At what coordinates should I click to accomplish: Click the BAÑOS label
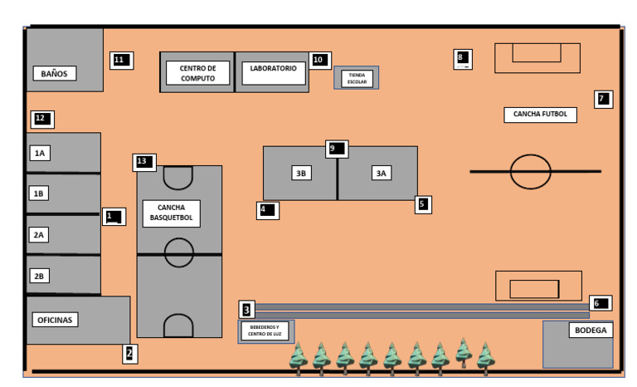pyautogui.click(x=55, y=74)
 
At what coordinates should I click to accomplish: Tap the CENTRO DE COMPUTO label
pyautogui.click(x=198, y=73)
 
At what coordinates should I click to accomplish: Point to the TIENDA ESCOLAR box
pyautogui.click(x=357, y=78)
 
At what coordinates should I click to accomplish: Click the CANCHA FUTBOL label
pyautogui.click(x=540, y=115)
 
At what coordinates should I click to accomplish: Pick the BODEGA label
pyautogui.click(x=591, y=330)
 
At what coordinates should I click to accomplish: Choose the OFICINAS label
pyautogui.click(x=55, y=320)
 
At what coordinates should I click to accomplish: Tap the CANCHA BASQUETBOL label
pyautogui.click(x=172, y=213)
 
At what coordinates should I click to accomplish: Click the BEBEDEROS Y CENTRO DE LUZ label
pyautogui.click(x=265, y=331)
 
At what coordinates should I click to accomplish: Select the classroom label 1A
pyautogui.click(x=40, y=154)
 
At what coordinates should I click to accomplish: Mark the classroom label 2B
pyautogui.click(x=39, y=277)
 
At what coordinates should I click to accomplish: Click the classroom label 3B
pyautogui.click(x=301, y=174)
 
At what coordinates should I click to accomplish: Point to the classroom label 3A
pyautogui.click(x=381, y=174)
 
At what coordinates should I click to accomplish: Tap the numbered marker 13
pyautogui.click(x=144, y=163)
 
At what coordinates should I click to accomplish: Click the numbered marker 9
pyautogui.click(x=337, y=149)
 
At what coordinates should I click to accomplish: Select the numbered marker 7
pyautogui.click(x=603, y=100)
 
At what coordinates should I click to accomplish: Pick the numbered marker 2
pyautogui.click(x=130, y=354)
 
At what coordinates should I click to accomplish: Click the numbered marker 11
pyautogui.click(x=121, y=61)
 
